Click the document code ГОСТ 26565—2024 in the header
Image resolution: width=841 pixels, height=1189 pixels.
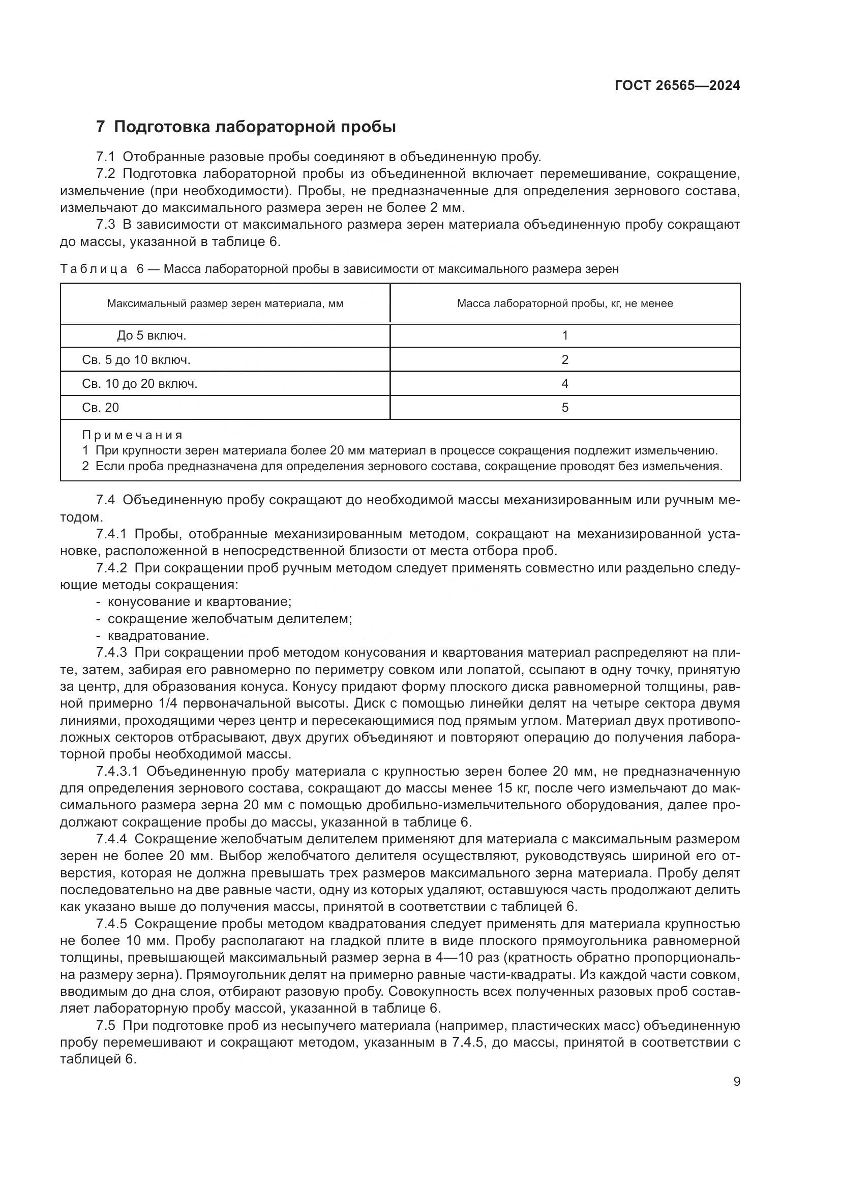point(677,86)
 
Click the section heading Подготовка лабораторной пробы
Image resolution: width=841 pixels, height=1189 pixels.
point(255,127)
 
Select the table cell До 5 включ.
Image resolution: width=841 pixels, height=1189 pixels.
point(151,336)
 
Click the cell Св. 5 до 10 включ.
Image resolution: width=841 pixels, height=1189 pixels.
point(136,359)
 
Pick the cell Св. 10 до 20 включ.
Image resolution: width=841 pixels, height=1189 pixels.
point(140,384)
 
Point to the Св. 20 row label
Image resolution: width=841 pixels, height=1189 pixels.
point(101,408)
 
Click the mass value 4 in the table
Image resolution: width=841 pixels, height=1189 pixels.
point(564,384)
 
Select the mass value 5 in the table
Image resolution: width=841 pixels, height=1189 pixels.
point(564,408)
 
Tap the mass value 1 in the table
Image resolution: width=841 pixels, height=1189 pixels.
point(564,336)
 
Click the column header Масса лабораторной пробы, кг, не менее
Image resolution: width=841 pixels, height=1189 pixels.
point(564,303)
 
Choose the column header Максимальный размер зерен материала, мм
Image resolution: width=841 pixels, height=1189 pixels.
point(225,303)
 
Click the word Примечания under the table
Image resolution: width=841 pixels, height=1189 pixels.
point(133,435)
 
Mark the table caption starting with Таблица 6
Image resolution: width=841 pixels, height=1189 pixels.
point(339,269)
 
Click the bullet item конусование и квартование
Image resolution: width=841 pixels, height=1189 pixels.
point(199,602)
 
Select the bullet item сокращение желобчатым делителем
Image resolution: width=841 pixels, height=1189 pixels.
point(229,619)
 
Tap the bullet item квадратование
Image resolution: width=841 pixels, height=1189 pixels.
point(158,635)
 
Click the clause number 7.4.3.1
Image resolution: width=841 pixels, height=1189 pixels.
point(117,772)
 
